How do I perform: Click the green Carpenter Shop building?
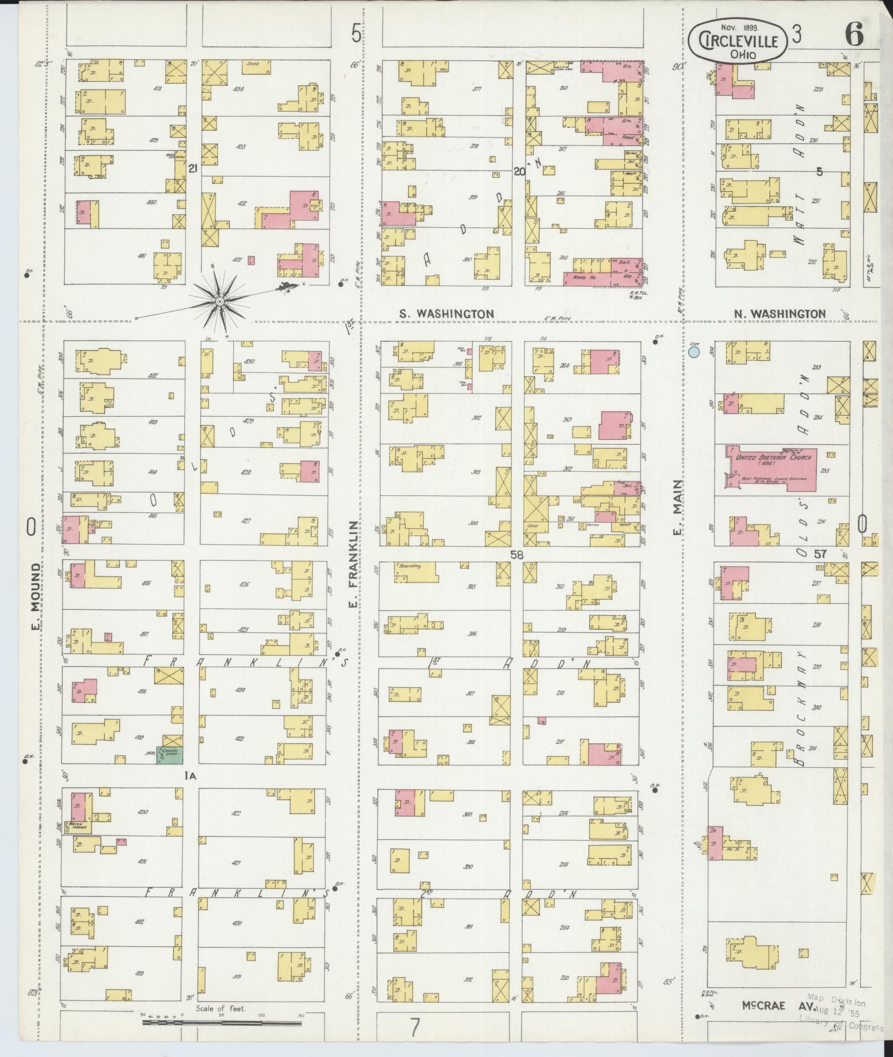[170, 756]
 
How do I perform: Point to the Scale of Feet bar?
[222, 1022]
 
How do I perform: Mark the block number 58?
[517, 555]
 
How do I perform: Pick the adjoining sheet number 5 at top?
[356, 35]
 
